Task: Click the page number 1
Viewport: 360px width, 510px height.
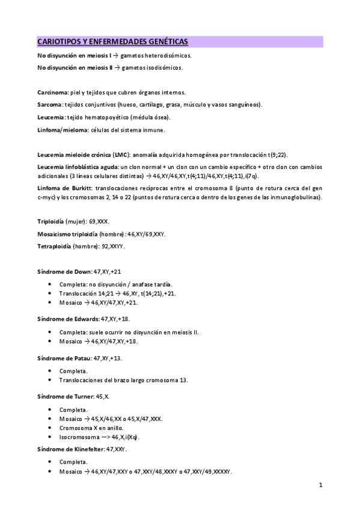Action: tap(322, 485)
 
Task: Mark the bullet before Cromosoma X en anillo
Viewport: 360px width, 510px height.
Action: tap(48, 428)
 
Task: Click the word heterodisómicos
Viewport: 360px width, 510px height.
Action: tap(165, 55)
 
